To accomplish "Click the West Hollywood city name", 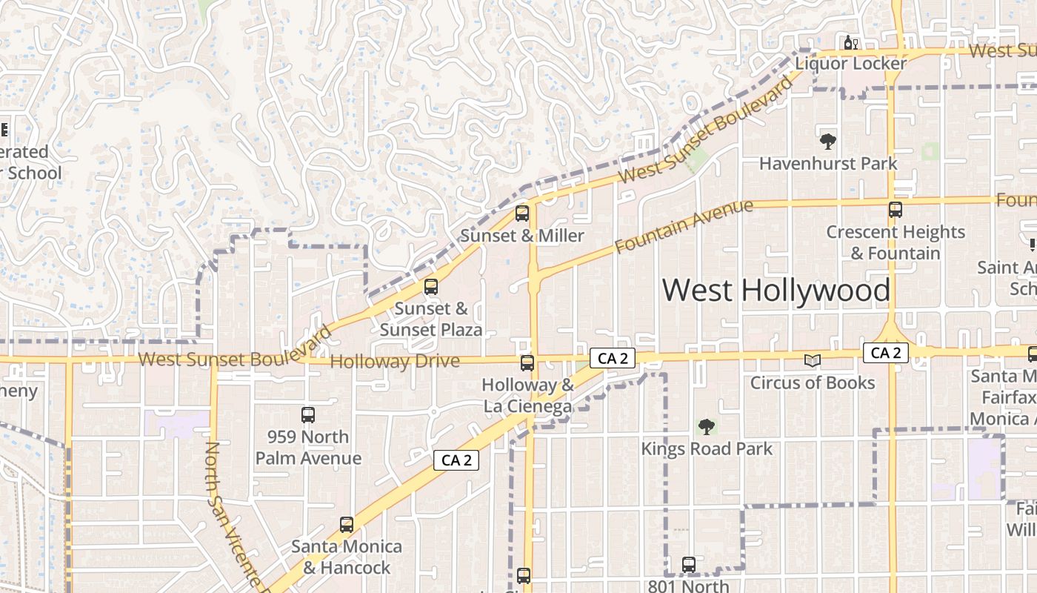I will (x=776, y=290).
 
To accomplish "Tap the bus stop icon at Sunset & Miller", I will (x=522, y=214).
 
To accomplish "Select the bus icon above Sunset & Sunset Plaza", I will (x=430, y=287).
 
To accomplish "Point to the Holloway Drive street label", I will (x=395, y=362).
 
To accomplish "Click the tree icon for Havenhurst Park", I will (x=828, y=141).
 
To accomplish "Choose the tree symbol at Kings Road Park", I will (x=707, y=426).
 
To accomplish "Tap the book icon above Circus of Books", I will (x=813, y=361).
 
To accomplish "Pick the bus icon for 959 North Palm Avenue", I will (x=308, y=415).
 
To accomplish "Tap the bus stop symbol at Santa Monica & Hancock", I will (x=346, y=525).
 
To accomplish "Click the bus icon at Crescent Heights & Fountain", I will (x=896, y=210).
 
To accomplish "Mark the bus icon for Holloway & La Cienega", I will (x=527, y=363).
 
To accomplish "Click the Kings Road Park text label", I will (x=707, y=449).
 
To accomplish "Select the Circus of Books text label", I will (x=813, y=383).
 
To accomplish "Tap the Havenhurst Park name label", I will (x=828, y=164).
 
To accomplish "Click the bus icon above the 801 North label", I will (x=689, y=565).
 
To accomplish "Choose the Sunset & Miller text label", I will (x=522, y=236).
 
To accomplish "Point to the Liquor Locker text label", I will (x=850, y=64).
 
